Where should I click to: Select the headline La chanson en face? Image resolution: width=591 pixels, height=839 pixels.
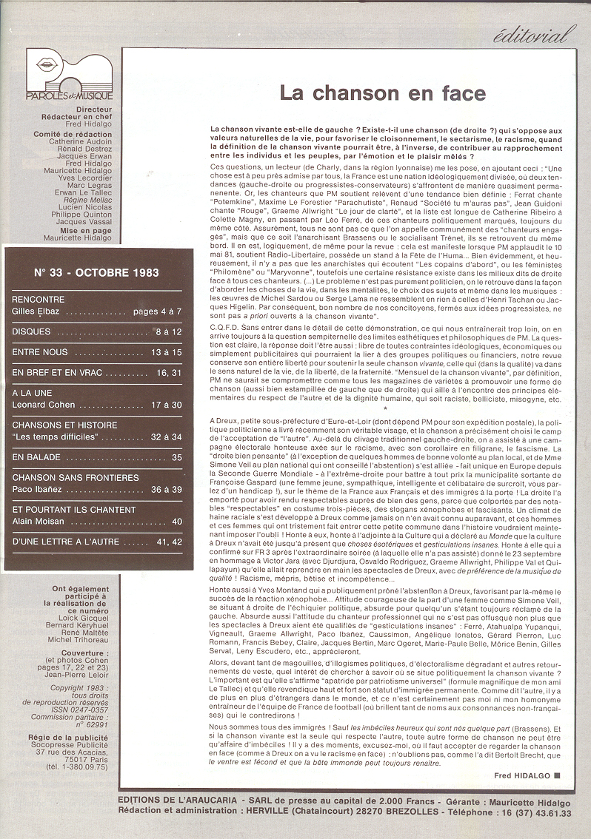(x=382, y=93)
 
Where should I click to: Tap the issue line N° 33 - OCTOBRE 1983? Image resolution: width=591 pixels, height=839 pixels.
(x=96, y=272)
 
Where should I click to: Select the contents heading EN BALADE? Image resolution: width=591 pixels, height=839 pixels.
(x=36, y=457)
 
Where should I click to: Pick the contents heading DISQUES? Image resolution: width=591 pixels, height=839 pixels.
(x=31, y=332)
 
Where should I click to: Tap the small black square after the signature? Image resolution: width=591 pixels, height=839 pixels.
(x=557, y=775)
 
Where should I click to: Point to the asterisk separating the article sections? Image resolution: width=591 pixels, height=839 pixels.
(x=386, y=408)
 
